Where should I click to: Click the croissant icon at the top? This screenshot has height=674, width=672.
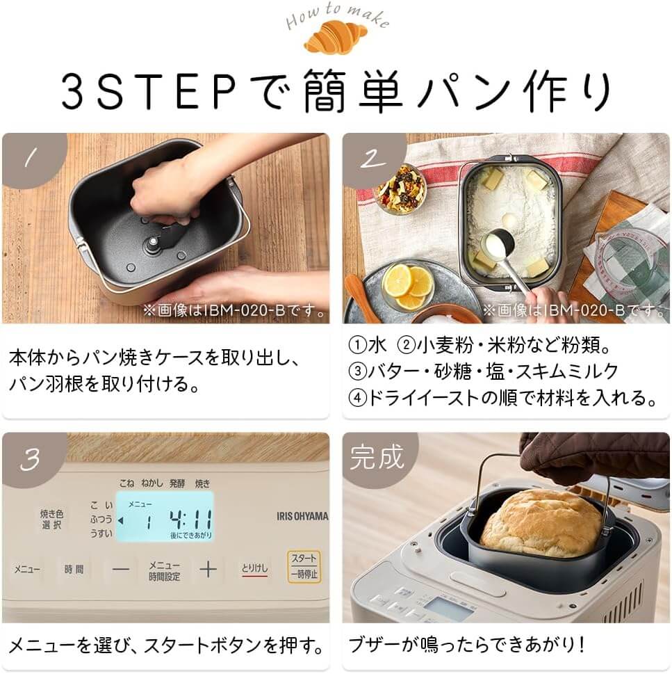coord(335,39)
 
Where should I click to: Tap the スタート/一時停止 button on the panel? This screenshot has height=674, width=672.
coord(304,567)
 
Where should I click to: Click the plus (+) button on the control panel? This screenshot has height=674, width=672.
coord(208,569)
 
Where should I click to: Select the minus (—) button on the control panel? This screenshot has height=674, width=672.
coord(122,569)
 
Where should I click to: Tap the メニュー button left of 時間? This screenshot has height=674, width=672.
coord(27,569)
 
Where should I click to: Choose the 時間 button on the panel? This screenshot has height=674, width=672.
coord(74,569)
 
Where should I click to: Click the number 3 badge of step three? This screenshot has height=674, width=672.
coord(29,460)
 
